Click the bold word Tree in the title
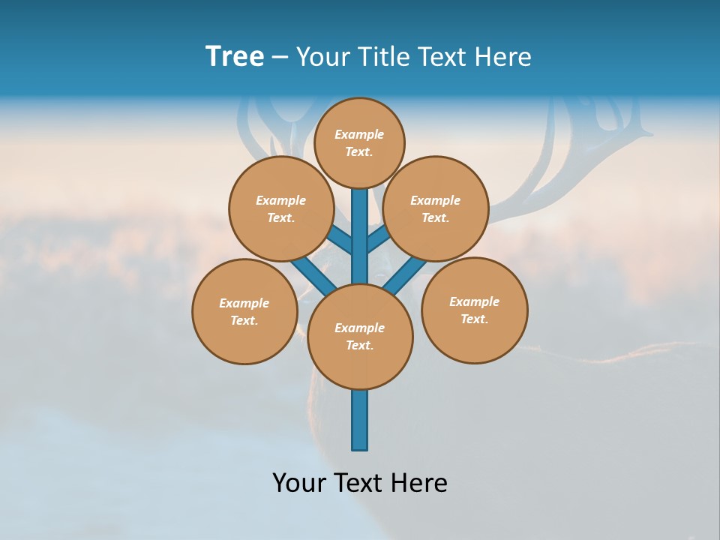pos(234,57)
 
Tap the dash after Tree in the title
pos(280,58)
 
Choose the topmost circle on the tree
pos(359,142)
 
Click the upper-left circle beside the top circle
pos(281,208)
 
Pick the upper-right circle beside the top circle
pos(436,208)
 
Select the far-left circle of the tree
pos(244,311)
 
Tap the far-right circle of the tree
pos(474,310)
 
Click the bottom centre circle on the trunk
pos(360,337)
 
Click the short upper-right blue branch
pos(379,239)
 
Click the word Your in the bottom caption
pos(299,483)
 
